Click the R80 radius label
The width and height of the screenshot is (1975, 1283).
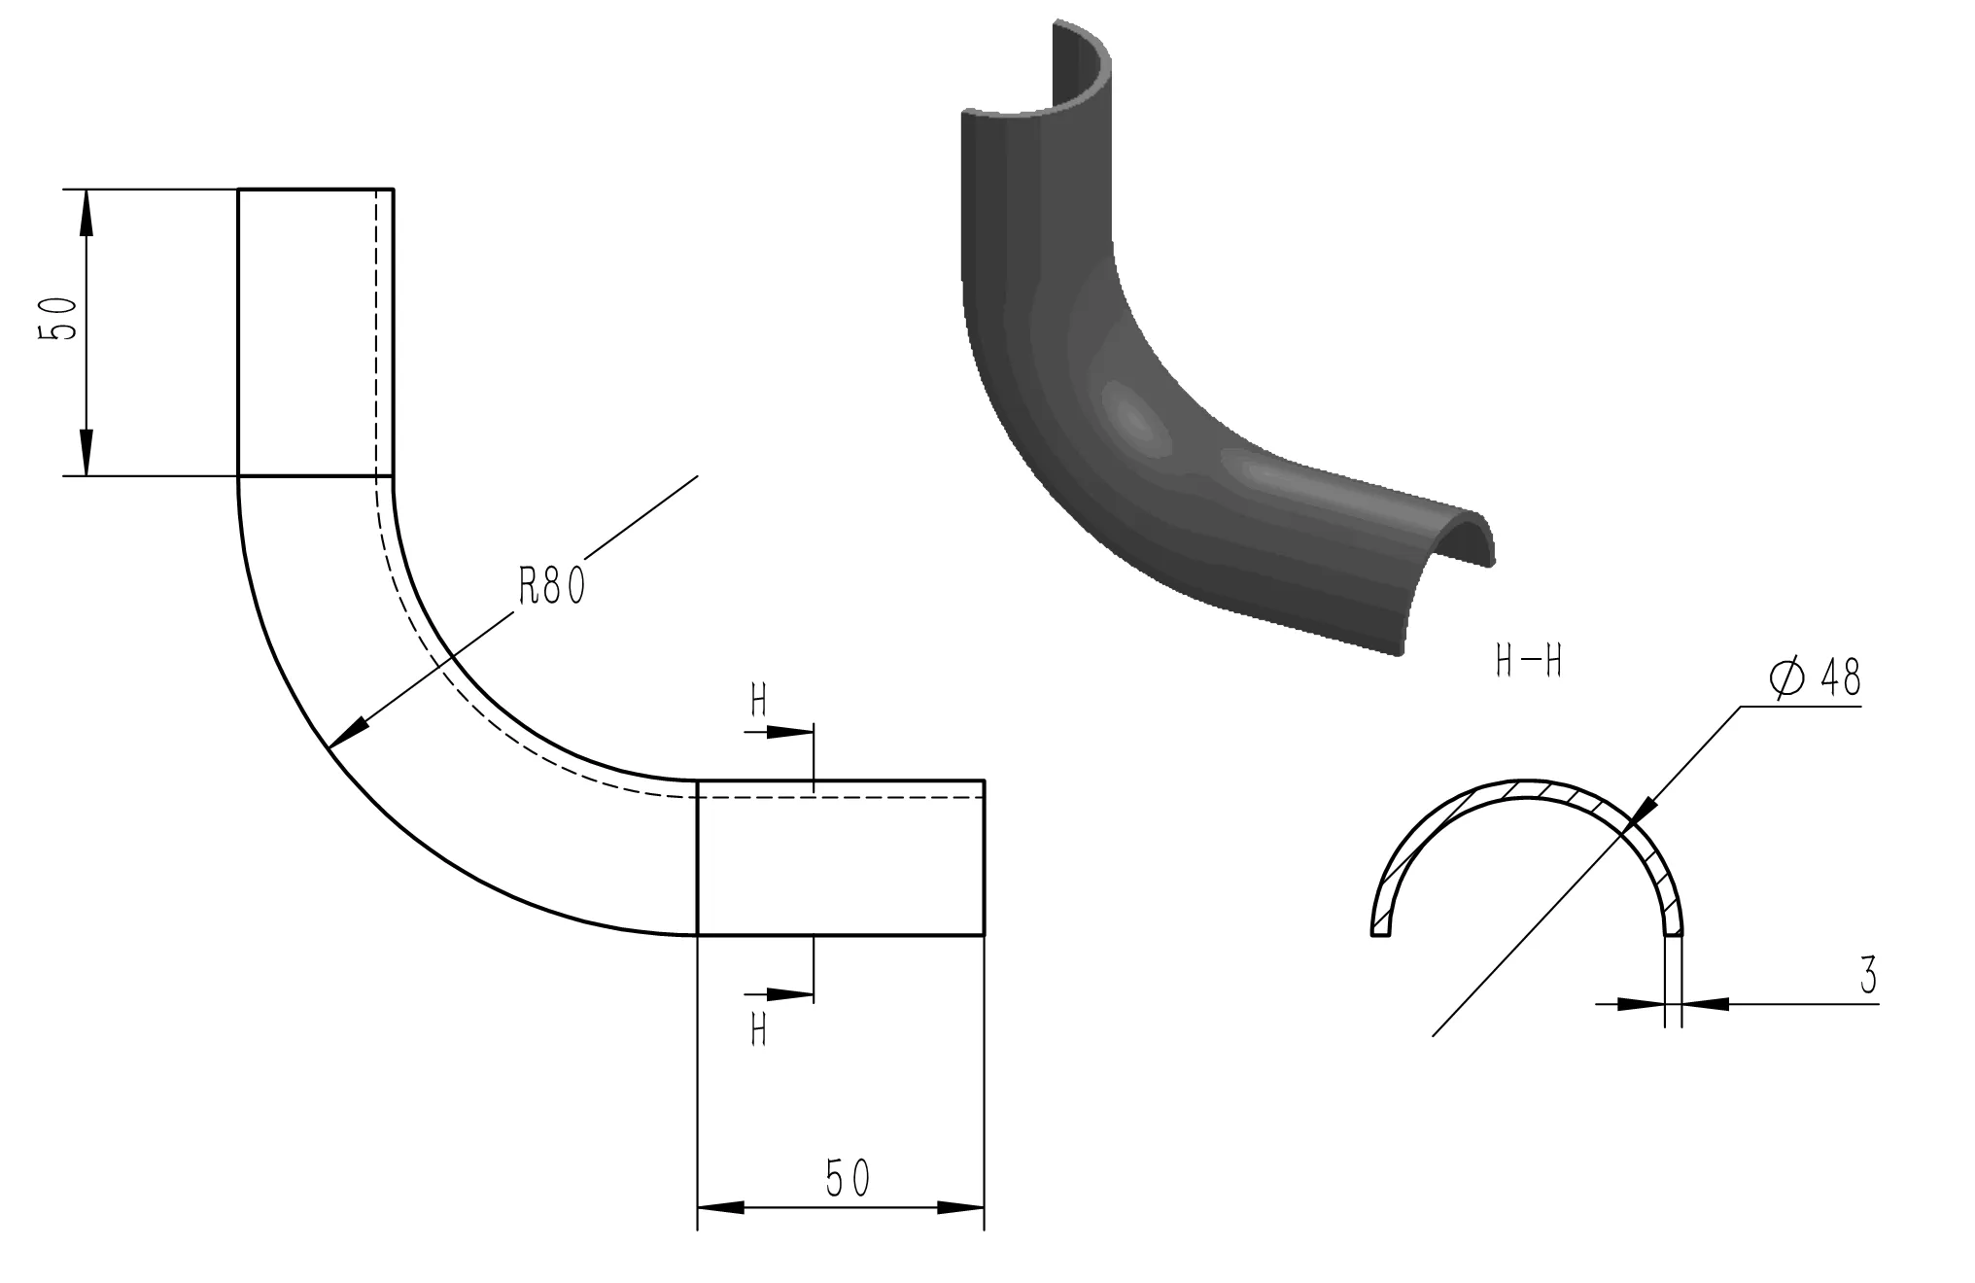[551, 586]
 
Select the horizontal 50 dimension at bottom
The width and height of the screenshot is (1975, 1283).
[847, 1178]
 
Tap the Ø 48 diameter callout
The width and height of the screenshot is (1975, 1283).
[1815, 677]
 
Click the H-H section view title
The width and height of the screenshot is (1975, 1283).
[1528, 663]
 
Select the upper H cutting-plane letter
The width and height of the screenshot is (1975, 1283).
[759, 701]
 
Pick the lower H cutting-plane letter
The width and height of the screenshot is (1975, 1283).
[759, 1029]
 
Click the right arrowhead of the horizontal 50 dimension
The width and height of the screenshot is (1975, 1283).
[961, 1207]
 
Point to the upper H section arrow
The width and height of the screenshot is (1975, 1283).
[787, 731]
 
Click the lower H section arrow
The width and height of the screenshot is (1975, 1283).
[787, 994]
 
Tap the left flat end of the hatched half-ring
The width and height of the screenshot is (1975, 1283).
[1380, 932]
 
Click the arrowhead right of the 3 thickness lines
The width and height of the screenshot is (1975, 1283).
[1705, 1003]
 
